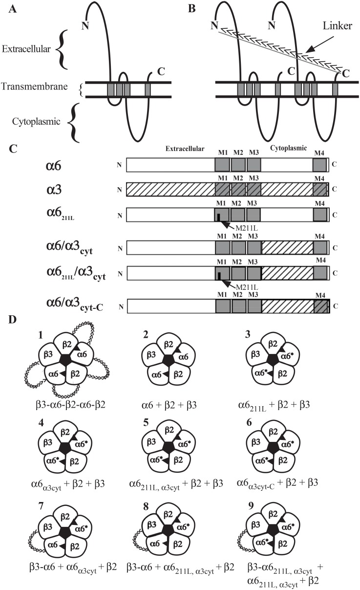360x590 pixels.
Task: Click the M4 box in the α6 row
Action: tap(319, 165)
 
